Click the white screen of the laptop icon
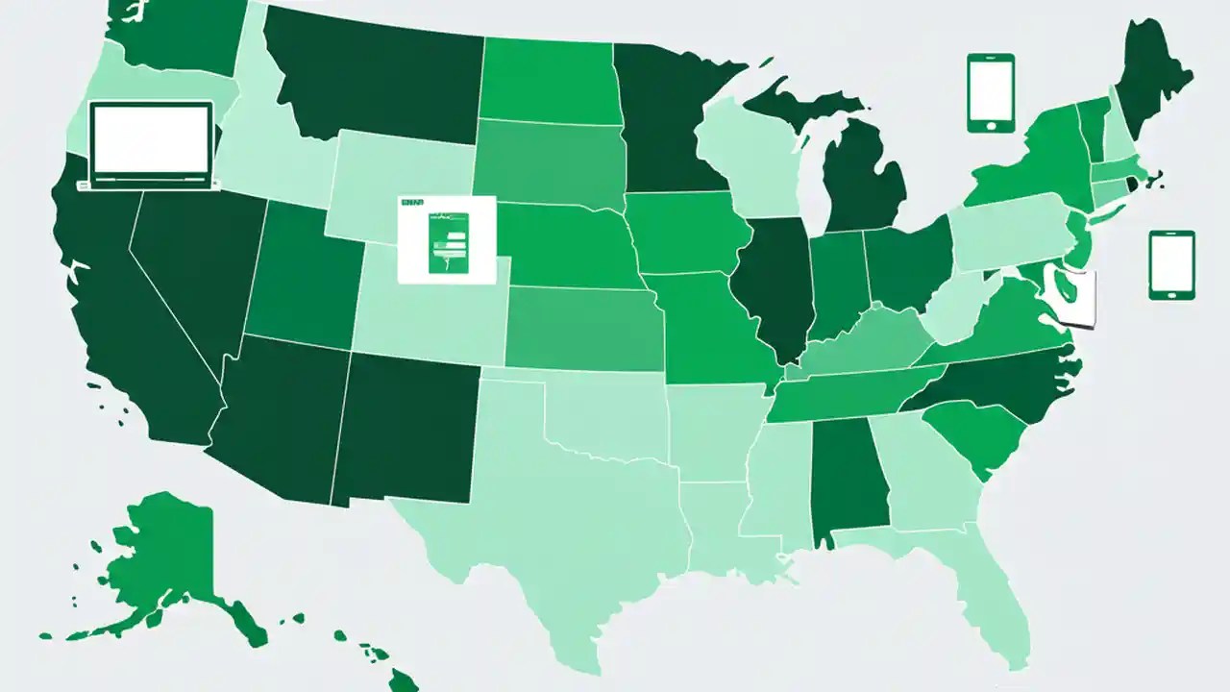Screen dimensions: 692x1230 150,137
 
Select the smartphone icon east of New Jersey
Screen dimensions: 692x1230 1171,264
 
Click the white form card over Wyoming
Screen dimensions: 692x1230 446,239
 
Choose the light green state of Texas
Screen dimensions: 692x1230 567,519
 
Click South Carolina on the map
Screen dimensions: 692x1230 971,432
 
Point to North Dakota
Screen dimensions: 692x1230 548,82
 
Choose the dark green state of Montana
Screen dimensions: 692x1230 375,77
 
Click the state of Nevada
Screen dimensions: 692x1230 192,269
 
